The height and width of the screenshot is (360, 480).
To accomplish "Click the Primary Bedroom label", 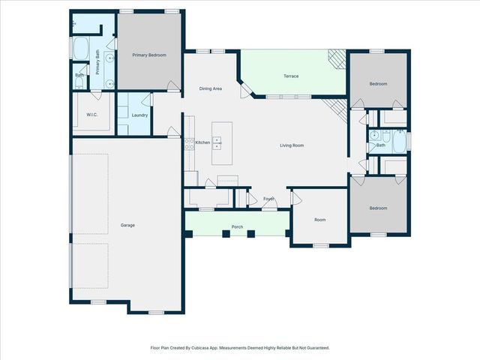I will point(149,55).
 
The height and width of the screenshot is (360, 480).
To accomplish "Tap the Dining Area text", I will point(210,89).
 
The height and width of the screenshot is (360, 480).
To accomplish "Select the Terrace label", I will point(291,76).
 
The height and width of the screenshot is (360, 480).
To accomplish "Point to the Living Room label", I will point(292,145).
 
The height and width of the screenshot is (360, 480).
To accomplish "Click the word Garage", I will point(127,225).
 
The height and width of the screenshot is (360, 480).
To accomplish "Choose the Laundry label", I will point(139,115).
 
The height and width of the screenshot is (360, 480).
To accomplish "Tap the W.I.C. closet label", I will point(92,115).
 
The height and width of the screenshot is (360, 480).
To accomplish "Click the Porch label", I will point(237,226).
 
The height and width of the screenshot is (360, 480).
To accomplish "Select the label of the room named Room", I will point(320,220).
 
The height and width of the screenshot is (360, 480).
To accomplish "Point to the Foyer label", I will point(268,199).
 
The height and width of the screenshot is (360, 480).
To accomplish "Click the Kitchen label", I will point(202,142).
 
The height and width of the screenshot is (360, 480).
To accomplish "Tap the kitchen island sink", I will point(217,141).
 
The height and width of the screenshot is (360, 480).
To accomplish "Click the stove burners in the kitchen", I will point(190,142).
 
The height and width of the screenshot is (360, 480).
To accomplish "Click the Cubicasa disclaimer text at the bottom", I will point(239,348).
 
